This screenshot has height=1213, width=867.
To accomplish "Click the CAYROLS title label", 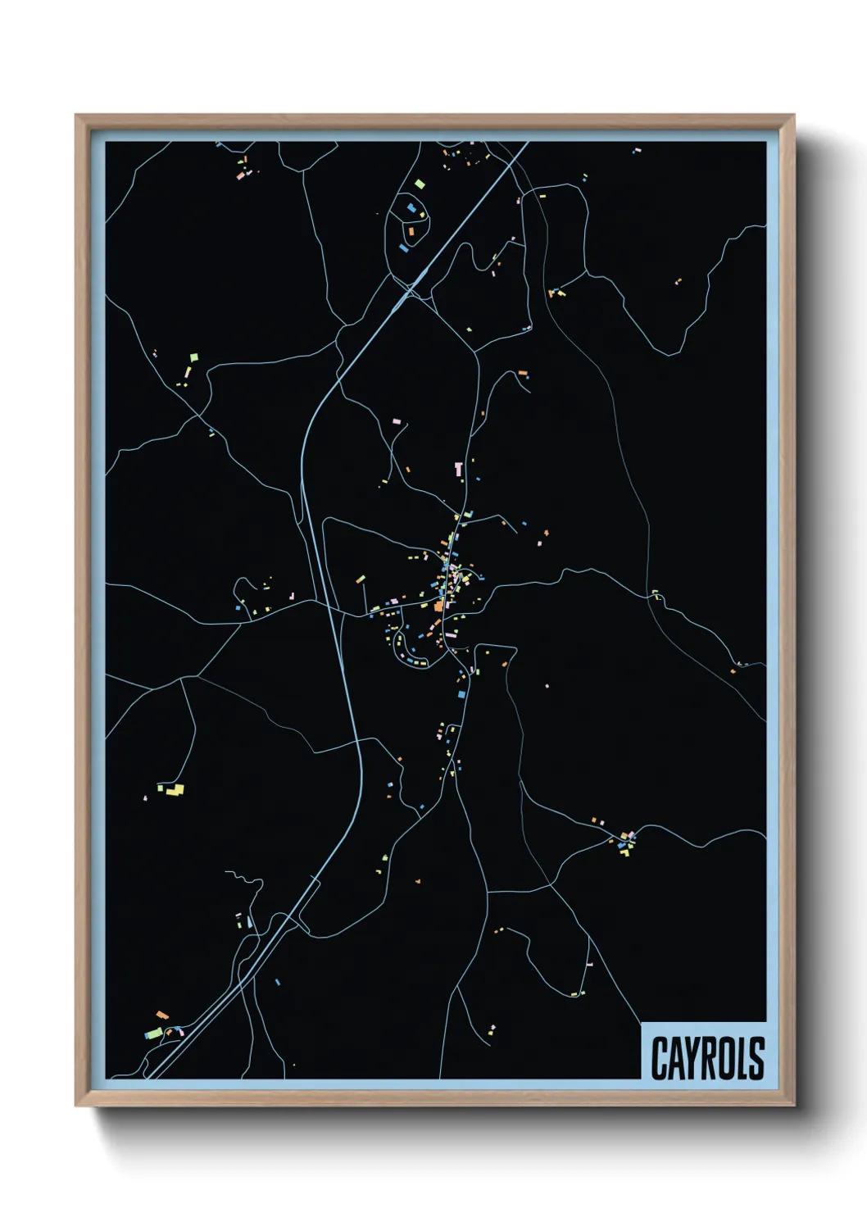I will (707, 1058).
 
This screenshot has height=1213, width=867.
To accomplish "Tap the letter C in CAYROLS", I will (660, 1058).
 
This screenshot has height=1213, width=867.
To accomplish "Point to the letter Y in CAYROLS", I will (693, 1058).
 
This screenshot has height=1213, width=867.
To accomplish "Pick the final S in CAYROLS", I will (756, 1058).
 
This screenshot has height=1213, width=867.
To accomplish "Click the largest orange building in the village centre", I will (439, 606).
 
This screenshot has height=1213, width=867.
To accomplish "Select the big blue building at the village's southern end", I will (461, 694).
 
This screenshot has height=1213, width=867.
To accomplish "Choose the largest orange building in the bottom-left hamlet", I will (162, 1015).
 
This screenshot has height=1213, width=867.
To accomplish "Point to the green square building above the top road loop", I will (419, 184).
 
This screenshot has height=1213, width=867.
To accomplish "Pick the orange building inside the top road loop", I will (411, 232).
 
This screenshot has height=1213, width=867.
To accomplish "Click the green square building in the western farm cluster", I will (194, 357).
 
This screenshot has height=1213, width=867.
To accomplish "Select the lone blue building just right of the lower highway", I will (278, 981).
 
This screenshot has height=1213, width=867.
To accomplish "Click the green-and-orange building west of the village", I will (361, 579).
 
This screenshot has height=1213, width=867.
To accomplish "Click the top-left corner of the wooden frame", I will (76, 116).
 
